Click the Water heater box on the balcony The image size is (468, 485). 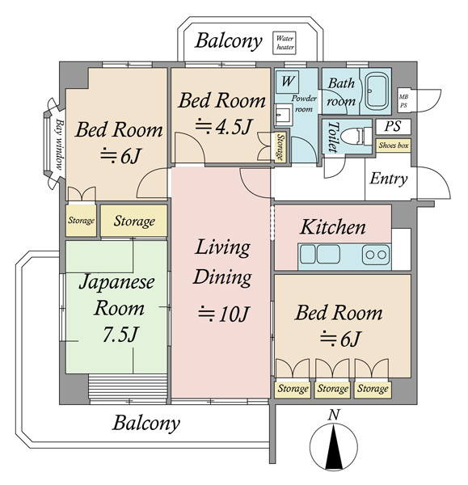[x=284, y=43]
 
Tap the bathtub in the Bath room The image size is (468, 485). [x=376, y=91]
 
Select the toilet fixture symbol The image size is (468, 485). [x=358, y=136]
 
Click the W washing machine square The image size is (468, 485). [x=287, y=82]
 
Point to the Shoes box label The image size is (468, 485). [x=394, y=145]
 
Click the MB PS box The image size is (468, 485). [x=403, y=101]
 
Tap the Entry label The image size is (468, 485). [x=389, y=179]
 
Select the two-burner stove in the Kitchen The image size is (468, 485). [x=376, y=255]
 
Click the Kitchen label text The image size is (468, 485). [x=333, y=227]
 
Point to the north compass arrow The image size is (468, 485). [x=334, y=447]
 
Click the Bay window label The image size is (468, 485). [x=60, y=145]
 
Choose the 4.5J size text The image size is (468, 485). [x=223, y=126]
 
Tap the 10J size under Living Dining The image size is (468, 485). [x=223, y=314]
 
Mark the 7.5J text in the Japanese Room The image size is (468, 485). [x=120, y=334]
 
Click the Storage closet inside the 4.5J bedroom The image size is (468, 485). [x=280, y=146]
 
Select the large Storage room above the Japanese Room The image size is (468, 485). [x=134, y=221]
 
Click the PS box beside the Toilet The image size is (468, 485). [x=393, y=126]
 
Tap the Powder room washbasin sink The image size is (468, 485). [x=284, y=114]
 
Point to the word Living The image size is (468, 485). [x=223, y=248]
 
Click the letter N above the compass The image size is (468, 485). [x=334, y=415]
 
